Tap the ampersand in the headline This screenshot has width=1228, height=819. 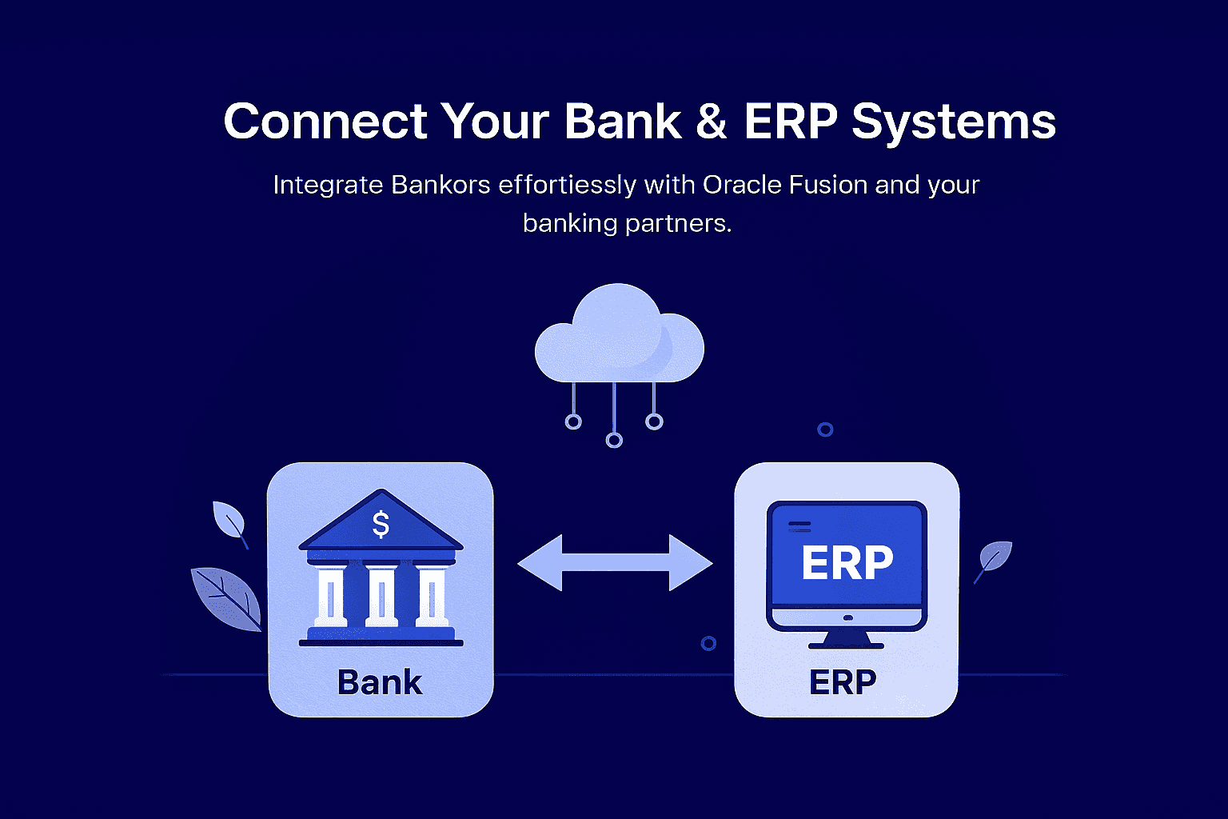(711, 122)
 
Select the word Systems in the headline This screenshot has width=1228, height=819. (953, 122)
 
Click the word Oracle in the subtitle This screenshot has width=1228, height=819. (743, 185)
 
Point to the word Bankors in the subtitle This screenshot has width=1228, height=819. (440, 185)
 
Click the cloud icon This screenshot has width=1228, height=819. (619, 336)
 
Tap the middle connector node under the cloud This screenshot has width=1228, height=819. (614, 440)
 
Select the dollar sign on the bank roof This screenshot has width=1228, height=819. (381, 525)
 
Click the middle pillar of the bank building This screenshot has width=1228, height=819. (381, 595)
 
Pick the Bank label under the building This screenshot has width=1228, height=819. (380, 682)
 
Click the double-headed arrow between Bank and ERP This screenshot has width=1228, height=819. (615, 564)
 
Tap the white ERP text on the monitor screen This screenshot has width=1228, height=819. (847, 564)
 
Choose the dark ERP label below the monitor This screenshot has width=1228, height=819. (843, 682)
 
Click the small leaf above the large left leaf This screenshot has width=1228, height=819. (229, 521)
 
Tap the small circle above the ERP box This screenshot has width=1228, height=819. (825, 429)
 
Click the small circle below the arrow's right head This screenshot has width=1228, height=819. (708, 643)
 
